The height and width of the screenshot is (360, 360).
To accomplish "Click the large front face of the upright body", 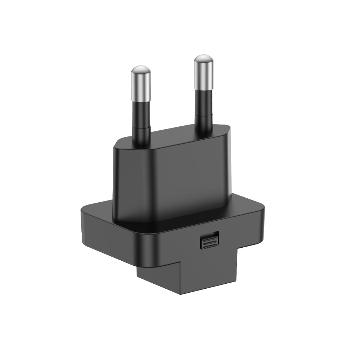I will click(169, 180).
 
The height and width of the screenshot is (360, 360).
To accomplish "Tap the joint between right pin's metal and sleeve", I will click(203, 89).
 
